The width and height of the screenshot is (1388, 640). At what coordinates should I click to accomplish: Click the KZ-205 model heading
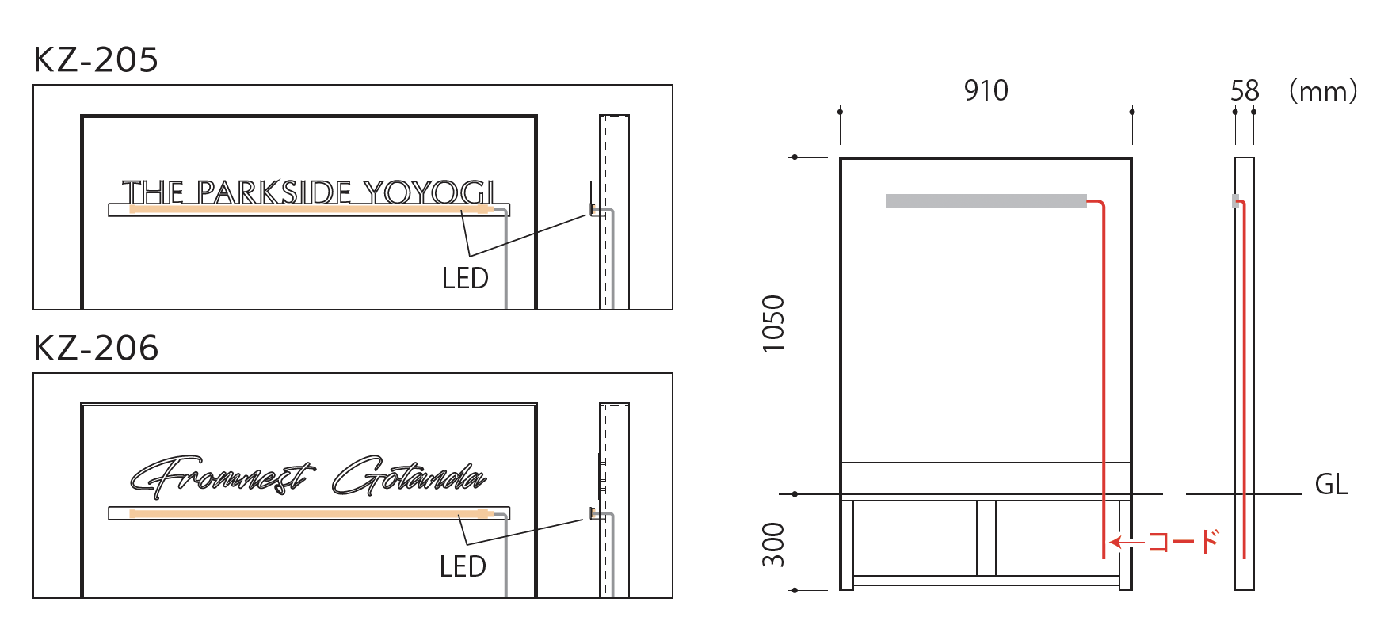[96, 60]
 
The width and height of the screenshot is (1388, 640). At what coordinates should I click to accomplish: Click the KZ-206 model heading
[96, 349]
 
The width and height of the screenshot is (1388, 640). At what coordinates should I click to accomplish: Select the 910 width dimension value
[986, 91]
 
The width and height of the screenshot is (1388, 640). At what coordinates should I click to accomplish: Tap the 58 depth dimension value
[1245, 91]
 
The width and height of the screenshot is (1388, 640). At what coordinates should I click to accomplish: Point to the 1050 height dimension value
[773, 323]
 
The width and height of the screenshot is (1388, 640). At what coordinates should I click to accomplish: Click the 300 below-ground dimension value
[773, 544]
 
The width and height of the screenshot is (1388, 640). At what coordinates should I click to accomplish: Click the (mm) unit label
[1323, 91]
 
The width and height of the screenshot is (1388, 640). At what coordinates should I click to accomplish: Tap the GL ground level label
[1331, 485]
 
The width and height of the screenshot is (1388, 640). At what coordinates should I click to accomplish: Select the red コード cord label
[1184, 542]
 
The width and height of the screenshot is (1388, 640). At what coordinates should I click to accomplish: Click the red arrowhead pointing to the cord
[1115, 542]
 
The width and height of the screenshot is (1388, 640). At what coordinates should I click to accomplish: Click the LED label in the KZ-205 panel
[465, 279]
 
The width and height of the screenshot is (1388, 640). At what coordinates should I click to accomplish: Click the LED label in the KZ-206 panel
[463, 567]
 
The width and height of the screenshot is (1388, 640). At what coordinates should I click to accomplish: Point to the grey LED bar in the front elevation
[986, 201]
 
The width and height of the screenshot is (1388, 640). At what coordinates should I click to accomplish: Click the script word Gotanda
[408, 477]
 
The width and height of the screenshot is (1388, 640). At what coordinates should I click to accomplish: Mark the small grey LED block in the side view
[1235, 201]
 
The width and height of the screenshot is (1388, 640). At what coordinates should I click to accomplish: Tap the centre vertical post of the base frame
[986, 538]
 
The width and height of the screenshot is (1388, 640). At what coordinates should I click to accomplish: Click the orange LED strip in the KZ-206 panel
[309, 514]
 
